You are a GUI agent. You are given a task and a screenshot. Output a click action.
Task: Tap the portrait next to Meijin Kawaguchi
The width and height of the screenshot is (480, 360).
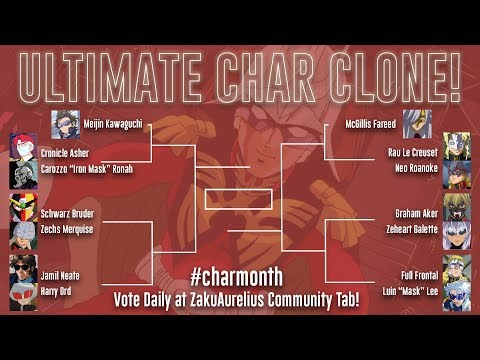[66, 122]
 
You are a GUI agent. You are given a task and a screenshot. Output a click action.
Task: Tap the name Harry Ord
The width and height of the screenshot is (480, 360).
[60, 289]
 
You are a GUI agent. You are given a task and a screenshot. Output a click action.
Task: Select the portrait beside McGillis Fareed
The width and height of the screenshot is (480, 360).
[417, 122]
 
